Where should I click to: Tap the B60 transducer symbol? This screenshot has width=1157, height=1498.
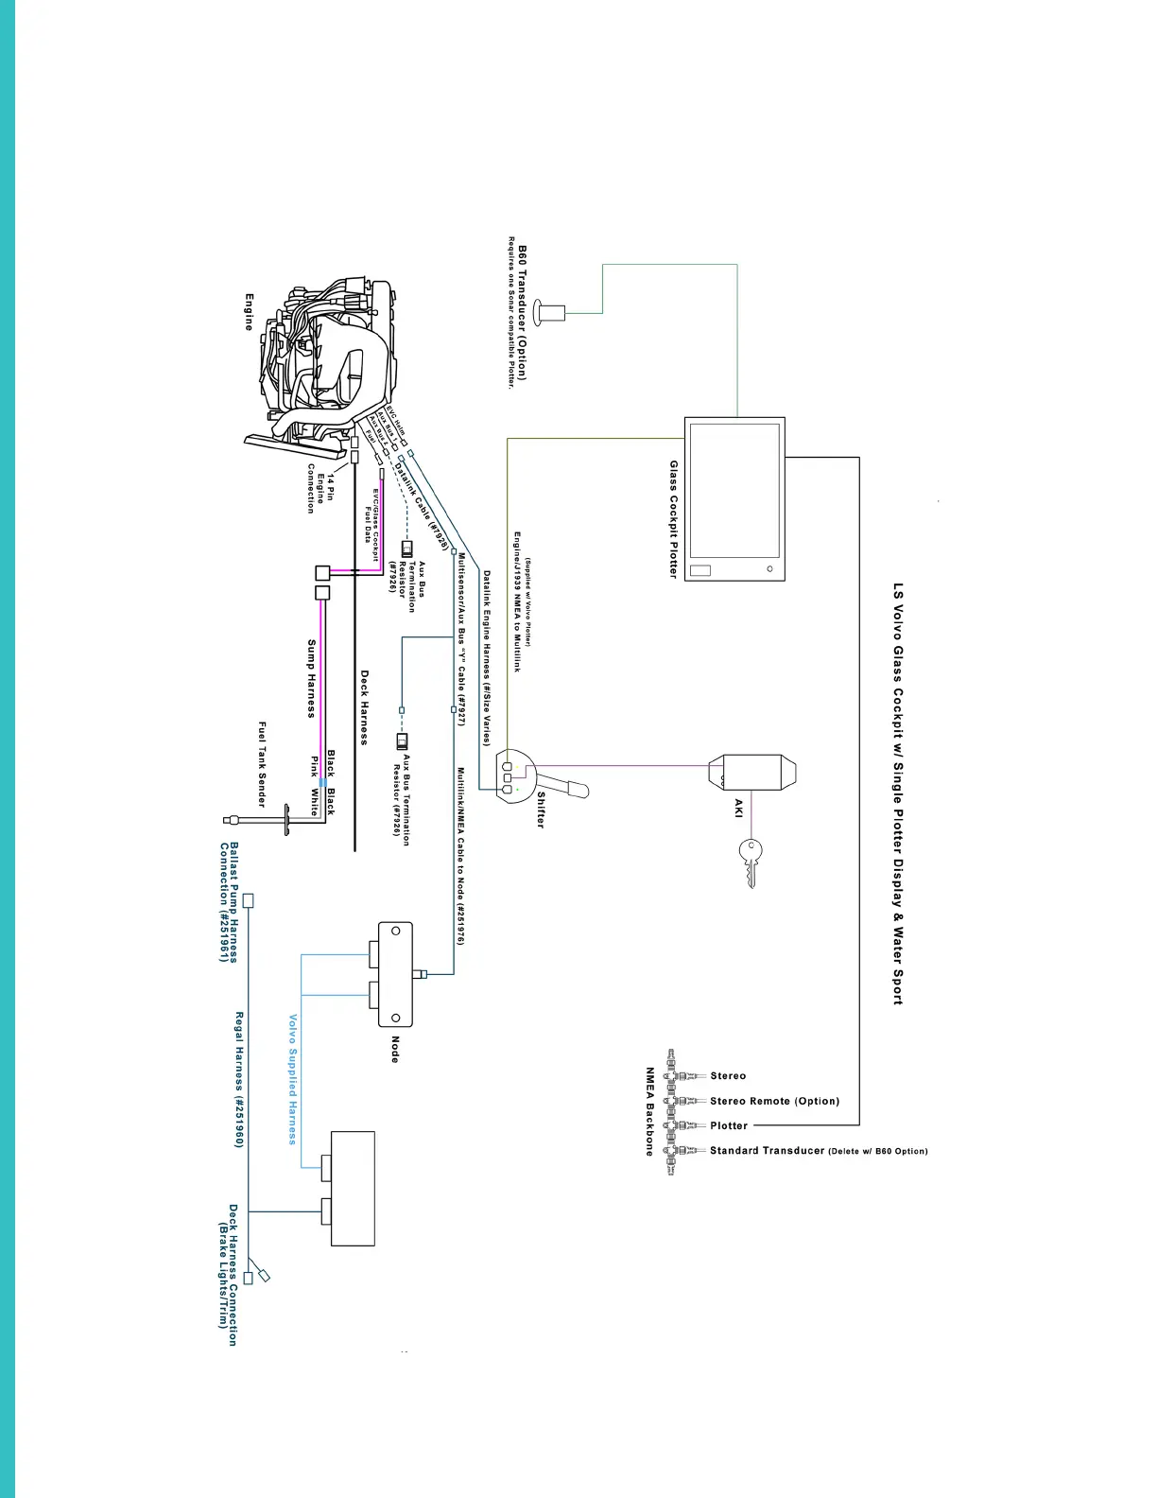tap(550, 309)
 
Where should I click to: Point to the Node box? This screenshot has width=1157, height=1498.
tap(395, 974)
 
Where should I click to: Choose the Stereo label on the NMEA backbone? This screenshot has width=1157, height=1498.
tap(728, 1076)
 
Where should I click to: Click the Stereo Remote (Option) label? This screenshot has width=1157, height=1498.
tap(774, 1101)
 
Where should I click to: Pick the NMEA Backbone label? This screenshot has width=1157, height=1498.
tap(650, 1111)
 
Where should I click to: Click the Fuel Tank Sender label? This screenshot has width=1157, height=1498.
tap(262, 764)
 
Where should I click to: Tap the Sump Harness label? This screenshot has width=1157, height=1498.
tap(311, 678)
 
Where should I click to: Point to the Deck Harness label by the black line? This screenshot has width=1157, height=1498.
tap(364, 707)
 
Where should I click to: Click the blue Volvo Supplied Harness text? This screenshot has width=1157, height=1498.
tap(293, 1079)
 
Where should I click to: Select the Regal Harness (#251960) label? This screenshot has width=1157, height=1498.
tap(239, 1079)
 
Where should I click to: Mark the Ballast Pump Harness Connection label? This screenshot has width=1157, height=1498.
tap(229, 902)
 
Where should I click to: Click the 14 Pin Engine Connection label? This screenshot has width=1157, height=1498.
tap(320, 488)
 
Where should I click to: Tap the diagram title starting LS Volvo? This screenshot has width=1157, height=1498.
tap(898, 793)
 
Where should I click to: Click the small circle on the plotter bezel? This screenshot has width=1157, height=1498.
tap(769, 569)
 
